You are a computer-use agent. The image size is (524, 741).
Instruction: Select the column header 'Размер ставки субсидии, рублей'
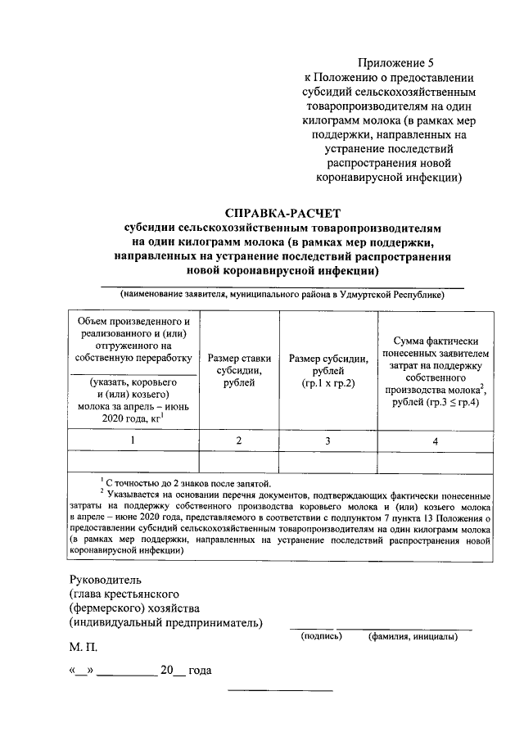pos(239,368)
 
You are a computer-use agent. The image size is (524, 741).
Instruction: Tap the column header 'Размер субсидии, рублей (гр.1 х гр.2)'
pos(327,368)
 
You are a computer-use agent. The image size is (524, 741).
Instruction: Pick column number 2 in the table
pos(239,441)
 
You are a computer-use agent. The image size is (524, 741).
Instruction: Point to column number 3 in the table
pos(327,441)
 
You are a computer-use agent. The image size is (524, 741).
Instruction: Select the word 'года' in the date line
pos(201,671)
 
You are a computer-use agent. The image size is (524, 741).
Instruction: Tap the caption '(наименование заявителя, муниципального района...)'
pos(282,294)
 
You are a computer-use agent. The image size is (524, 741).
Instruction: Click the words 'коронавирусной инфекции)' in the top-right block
pos(389,175)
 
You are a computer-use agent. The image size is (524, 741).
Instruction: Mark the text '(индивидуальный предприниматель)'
pos(166,623)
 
